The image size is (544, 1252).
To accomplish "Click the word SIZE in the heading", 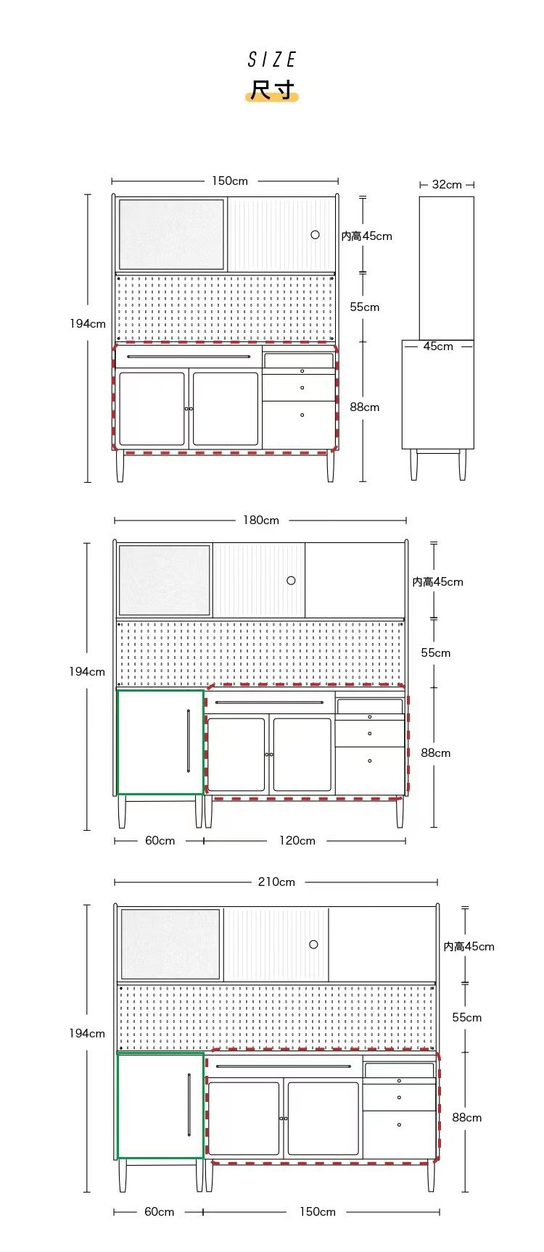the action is [272, 59].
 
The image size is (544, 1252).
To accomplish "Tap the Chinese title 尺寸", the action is [272, 90].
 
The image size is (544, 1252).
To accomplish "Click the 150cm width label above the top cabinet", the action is [230, 181].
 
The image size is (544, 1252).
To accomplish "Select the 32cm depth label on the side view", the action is [447, 184].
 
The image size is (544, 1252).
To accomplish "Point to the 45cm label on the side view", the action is [438, 347].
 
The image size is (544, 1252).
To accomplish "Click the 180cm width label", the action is [261, 520].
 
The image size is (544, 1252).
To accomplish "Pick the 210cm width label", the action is [277, 882].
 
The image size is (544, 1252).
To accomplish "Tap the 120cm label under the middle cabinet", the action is [297, 840].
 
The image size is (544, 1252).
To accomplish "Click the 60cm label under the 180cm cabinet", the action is [160, 840].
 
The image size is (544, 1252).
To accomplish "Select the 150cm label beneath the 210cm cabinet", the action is [318, 1211].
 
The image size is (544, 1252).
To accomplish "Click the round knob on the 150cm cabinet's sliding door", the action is [315, 235].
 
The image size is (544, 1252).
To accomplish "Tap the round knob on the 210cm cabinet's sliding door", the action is [313, 944].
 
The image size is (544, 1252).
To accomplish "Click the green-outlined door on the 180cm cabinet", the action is [160, 742].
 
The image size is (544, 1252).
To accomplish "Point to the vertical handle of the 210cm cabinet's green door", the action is [189, 1105].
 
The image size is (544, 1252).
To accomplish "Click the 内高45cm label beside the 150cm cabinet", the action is [367, 236].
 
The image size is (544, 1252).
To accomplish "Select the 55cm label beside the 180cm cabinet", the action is [436, 652].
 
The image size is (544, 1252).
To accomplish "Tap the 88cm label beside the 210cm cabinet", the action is [467, 1117].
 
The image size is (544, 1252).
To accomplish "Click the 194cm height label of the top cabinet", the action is [88, 323].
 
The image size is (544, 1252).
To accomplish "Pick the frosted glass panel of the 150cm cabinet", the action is [171, 234].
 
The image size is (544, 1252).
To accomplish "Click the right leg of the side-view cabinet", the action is [462, 465].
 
